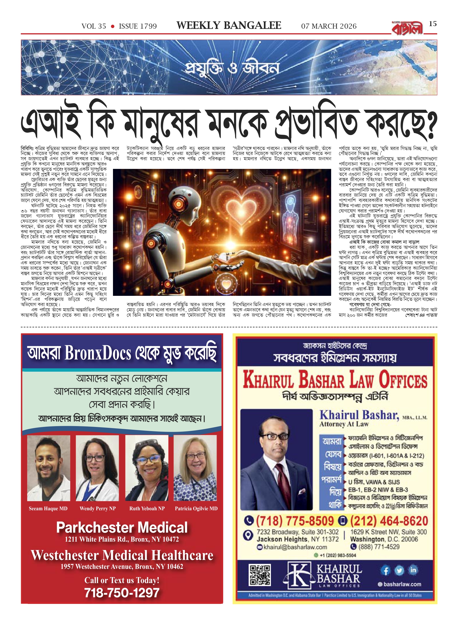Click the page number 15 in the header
click(433, 24)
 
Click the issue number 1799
click(138, 26)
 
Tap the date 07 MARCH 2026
click(329, 26)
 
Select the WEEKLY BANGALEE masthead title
click(229, 26)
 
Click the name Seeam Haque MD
click(48, 509)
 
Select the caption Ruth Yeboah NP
click(147, 509)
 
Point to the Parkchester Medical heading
click(122, 527)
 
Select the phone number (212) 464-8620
click(389, 521)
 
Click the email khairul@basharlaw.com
click(295, 547)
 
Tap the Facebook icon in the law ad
click(385, 571)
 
